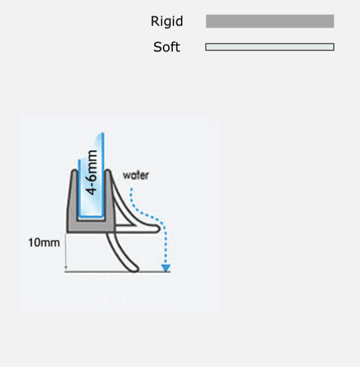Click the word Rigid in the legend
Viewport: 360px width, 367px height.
click(167, 21)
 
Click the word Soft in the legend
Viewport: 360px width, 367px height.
click(167, 47)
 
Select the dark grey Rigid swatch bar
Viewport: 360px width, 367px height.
click(270, 21)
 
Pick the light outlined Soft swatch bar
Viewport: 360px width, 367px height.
click(269, 47)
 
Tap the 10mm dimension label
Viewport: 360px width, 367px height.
click(44, 242)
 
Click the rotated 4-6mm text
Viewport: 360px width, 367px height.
click(92, 172)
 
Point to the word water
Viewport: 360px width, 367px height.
click(135, 175)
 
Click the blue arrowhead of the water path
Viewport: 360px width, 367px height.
click(166, 268)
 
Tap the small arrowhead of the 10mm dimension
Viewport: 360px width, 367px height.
click(66, 268)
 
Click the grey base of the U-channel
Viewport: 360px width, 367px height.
click(91, 226)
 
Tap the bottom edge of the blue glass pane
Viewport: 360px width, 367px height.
click(91, 217)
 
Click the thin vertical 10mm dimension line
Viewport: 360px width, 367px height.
click(66, 251)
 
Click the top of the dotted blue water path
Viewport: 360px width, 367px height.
click(131, 189)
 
